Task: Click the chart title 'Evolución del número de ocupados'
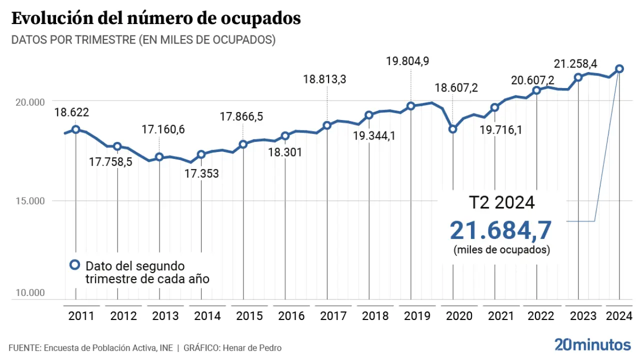pyautogui.click(x=156, y=18)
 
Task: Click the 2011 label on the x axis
pyautogui.click(x=81, y=316)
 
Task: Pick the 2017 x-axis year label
pyautogui.click(x=333, y=316)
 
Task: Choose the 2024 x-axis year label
pyautogui.click(x=619, y=316)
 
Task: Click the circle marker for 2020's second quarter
pyautogui.click(x=452, y=129)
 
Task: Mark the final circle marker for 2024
pyautogui.click(x=619, y=68)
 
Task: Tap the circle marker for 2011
pyautogui.click(x=75, y=129)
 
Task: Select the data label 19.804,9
pyautogui.click(x=407, y=61)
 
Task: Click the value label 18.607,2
pyautogui.click(x=456, y=88)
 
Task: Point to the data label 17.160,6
pyautogui.click(x=163, y=129)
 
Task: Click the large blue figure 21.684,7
pyautogui.click(x=500, y=230)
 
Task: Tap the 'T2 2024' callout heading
pyautogui.click(x=501, y=203)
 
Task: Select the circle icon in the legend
pyautogui.click(x=75, y=265)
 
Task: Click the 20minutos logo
pyautogui.click(x=592, y=344)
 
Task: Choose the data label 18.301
pyautogui.click(x=285, y=152)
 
